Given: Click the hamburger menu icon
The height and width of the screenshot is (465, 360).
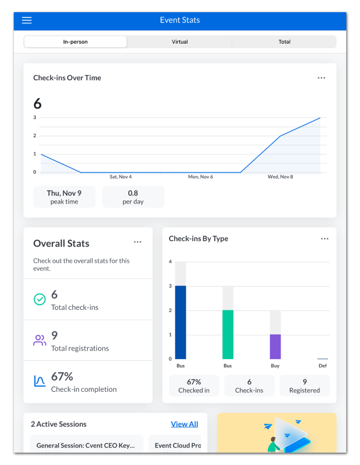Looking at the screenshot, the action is click(27, 20).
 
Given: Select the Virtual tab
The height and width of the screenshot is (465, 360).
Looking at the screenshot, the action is click(180, 42).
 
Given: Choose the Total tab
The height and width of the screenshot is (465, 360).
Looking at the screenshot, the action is click(285, 42).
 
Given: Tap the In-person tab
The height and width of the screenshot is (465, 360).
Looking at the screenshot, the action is click(75, 42).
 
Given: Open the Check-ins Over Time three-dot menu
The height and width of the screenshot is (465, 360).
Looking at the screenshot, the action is click(322, 78).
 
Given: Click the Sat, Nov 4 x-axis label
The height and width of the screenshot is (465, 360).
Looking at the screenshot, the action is click(121, 177).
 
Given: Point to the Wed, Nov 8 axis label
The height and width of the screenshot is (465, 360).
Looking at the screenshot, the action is click(280, 177).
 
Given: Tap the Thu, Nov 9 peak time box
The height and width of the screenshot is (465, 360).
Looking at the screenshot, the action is click(64, 197).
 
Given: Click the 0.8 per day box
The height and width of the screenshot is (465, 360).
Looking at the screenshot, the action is click(133, 197).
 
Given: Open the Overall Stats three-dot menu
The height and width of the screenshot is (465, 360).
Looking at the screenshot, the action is click(138, 242).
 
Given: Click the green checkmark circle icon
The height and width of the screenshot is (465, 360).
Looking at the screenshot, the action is click(39, 299).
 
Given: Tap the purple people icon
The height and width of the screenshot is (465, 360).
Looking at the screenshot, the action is click(39, 340).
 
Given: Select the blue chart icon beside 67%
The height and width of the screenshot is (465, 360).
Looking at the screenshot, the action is click(39, 381).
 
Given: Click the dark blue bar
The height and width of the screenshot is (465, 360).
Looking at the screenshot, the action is click(181, 323).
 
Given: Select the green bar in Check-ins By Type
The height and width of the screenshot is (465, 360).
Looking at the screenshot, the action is click(228, 335).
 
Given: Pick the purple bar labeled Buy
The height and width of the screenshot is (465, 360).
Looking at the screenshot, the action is click(275, 346).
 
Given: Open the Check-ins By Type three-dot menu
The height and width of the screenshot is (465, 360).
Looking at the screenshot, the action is click(325, 239).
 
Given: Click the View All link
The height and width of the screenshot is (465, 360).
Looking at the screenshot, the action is click(184, 424).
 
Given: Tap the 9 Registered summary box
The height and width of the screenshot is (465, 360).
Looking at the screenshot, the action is click(305, 385).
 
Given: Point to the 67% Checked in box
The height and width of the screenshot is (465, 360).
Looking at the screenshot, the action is click(194, 385).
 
